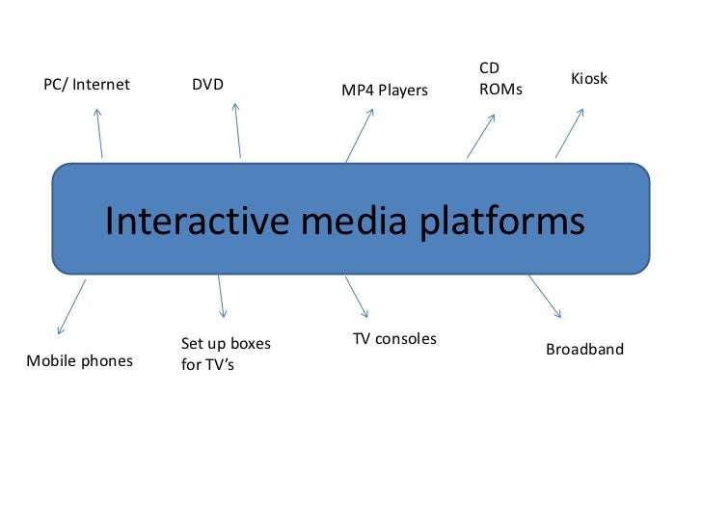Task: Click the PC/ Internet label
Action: (x=87, y=85)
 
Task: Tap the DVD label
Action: (x=207, y=85)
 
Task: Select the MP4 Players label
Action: (x=385, y=91)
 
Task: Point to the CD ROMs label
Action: (x=500, y=79)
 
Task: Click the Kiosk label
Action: (x=589, y=78)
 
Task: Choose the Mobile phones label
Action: (x=79, y=362)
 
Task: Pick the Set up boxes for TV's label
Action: (x=226, y=354)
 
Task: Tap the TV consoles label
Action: (x=394, y=339)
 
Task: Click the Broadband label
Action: (x=584, y=349)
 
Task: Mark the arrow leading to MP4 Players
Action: (x=359, y=136)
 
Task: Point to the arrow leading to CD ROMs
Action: (x=481, y=136)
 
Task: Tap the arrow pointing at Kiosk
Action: (x=569, y=133)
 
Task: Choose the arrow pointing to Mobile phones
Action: (x=72, y=306)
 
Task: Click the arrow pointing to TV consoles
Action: (x=357, y=298)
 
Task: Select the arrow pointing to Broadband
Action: (x=544, y=296)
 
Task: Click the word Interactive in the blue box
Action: (x=197, y=221)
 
